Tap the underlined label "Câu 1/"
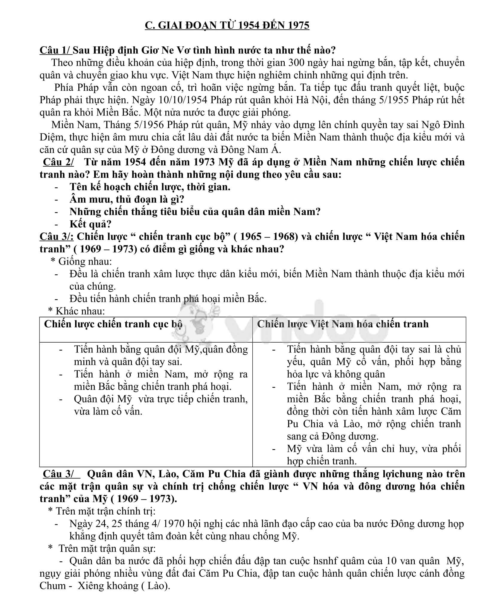click(55, 50)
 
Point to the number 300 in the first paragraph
click(297, 63)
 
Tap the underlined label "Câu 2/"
click(58, 162)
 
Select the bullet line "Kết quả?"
click(90, 224)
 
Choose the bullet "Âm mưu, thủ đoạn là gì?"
click(127, 199)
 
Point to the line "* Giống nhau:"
click(81, 262)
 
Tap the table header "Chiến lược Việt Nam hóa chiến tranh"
click(343, 324)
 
